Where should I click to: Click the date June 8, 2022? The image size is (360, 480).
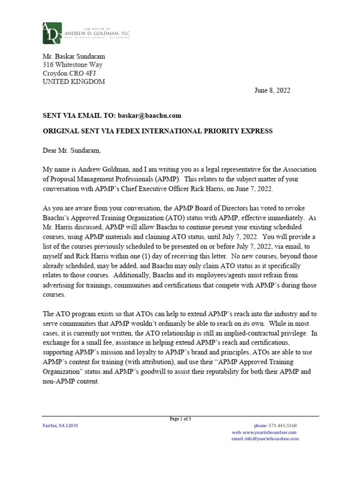pos(272,90)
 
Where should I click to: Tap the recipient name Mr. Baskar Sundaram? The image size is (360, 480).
pos(74,56)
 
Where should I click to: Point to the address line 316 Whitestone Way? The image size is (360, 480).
pos(73,65)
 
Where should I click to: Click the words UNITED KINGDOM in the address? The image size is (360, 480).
pos(74,82)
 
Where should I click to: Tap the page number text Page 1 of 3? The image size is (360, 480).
pos(180,419)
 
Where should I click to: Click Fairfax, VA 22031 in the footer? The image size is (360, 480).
pos(61,426)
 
